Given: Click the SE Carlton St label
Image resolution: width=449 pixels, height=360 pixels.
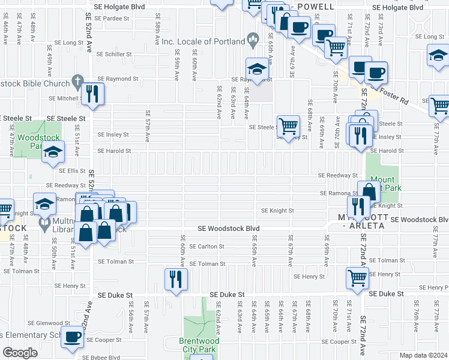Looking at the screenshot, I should [x=206, y=246].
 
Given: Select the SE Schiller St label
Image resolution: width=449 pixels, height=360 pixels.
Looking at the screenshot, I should [x=114, y=54].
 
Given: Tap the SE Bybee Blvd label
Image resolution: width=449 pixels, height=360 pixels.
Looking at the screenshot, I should [x=102, y=357].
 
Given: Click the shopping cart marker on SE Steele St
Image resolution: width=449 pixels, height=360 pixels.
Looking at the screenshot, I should [x=289, y=125].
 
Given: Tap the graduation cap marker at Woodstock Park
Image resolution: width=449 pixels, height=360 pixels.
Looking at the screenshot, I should [x=53, y=152].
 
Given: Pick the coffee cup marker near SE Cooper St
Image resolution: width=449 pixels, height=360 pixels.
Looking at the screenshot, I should [x=73, y=339].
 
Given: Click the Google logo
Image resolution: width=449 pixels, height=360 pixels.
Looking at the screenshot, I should [x=20, y=352].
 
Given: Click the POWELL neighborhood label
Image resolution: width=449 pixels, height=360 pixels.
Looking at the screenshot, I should [x=315, y=7].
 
